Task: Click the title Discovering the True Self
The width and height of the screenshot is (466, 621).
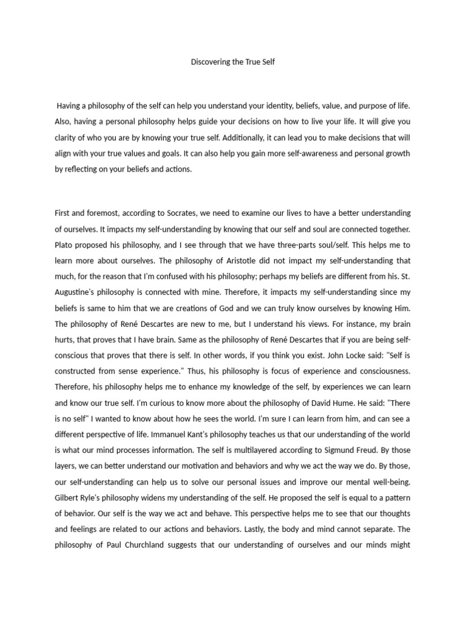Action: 233,62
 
